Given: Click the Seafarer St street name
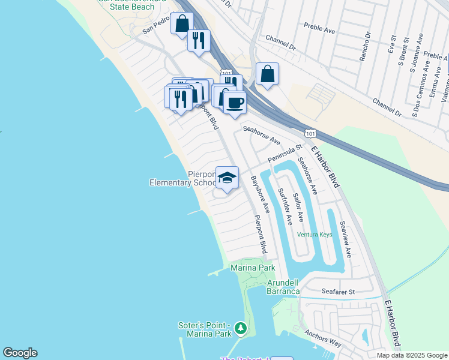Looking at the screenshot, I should (339, 292).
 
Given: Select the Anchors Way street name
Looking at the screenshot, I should (323, 338).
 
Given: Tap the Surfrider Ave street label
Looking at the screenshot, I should (285, 206).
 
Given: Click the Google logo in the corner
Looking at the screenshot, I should (20, 353).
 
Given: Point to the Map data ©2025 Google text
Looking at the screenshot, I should (412, 355).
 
